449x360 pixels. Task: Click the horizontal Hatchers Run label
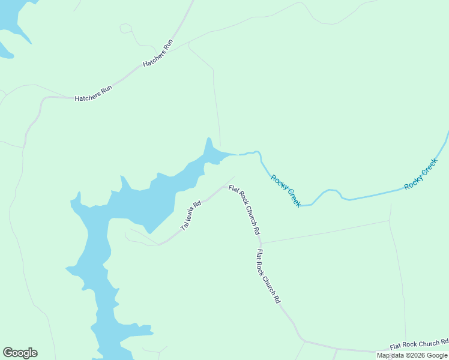coord(93,92)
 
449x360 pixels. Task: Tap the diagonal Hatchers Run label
coord(158,53)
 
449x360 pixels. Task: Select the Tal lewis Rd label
coord(190,215)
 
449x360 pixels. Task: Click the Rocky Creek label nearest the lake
coord(286,191)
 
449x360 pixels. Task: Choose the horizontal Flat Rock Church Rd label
coord(419,344)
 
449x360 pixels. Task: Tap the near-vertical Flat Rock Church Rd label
coord(268,275)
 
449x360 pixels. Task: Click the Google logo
coord(20,353)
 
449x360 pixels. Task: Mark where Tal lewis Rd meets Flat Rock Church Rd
coord(225,187)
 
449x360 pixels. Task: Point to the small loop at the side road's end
coord(125,28)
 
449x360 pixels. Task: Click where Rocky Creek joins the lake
coord(237,155)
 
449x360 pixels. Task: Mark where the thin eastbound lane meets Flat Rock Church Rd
coord(261,243)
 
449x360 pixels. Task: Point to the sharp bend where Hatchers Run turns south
coord(42,98)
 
